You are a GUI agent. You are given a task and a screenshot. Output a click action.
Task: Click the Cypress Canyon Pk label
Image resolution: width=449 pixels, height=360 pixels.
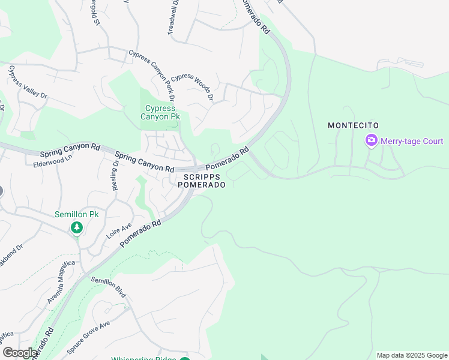click(x=160, y=113)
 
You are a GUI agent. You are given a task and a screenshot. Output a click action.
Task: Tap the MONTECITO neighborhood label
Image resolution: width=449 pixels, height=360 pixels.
click(x=353, y=125)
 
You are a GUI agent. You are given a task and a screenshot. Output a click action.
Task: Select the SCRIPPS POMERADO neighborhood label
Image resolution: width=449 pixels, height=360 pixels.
click(x=202, y=181)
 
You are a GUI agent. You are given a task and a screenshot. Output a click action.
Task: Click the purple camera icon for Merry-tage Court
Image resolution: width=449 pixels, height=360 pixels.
click(x=371, y=141)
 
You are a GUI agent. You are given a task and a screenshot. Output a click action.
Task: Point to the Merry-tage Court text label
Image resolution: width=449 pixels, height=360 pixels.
click(x=412, y=142)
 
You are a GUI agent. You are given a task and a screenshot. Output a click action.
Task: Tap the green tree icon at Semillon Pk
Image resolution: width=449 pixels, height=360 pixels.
click(x=76, y=227)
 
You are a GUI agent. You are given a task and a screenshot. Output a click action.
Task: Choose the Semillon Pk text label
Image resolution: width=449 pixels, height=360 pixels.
click(x=76, y=214)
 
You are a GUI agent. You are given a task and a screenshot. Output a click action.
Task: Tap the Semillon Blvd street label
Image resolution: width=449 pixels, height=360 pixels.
click(x=108, y=287)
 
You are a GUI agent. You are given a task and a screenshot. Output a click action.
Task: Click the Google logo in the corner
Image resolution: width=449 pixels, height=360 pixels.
click(x=20, y=353)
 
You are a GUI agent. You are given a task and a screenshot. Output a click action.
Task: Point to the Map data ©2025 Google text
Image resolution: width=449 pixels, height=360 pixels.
click(x=412, y=355)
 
